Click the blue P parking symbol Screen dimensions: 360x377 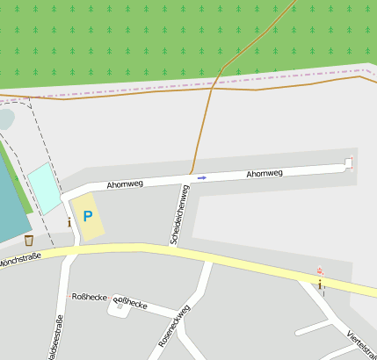pos(87,216)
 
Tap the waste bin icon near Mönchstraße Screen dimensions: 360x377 pos(29,240)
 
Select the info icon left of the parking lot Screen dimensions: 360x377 pos(69,222)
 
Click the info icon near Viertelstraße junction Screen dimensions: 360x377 pos(320,284)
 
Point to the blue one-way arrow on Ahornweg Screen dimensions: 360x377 pos(202,177)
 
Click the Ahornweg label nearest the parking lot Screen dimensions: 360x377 pos(124,184)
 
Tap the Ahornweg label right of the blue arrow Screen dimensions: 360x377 pos(264,174)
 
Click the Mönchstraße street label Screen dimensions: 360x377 pos(19,261)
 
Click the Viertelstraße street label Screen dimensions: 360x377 pos(361,346)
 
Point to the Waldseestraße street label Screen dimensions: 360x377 pos(58,337)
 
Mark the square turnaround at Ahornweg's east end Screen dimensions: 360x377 pos(348,162)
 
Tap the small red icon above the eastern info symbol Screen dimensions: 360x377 pos(320,270)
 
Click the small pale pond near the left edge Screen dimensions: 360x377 pos(5,118)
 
